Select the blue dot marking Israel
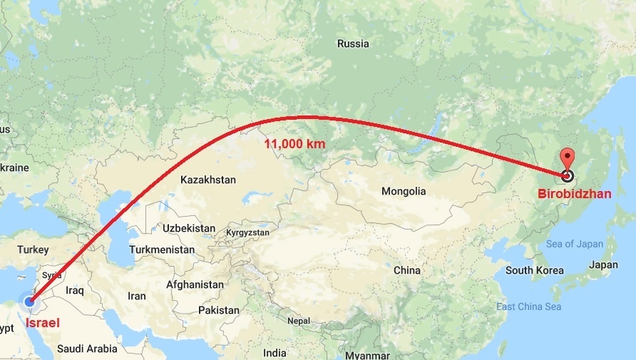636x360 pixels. pos(29,302)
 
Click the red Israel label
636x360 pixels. pos(43,323)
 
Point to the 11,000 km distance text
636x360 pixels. pos(295,143)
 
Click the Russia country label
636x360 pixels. pos(353,43)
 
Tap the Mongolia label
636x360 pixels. pos(404,191)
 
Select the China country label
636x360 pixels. pos(407,270)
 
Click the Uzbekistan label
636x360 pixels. pos(188,228)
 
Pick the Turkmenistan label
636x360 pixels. pos(162,250)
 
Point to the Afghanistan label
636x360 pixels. pos(195,284)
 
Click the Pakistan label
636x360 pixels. pos(219,310)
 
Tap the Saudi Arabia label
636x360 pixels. pos(87,349)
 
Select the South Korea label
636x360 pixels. pos(535,270)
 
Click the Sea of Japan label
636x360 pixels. pos(575,244)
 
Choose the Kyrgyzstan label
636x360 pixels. pos(247,232)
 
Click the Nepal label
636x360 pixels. pos(299,320)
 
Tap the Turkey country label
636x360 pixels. pos(34,250)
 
